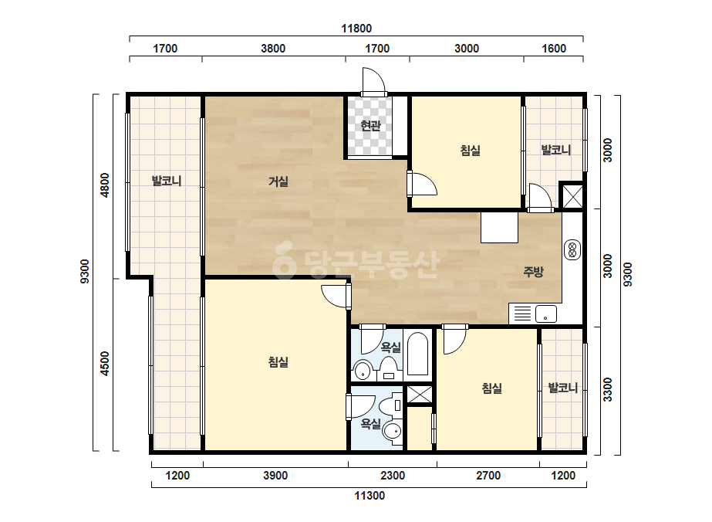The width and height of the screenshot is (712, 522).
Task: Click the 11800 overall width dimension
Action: click(356, 29)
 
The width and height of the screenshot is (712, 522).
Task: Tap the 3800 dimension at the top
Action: click(273, 48)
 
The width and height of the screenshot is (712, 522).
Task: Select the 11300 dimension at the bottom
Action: click(369, 495)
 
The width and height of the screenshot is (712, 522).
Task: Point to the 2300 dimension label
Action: click(393, 475)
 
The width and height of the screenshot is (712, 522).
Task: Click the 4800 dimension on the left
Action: click(105, 185)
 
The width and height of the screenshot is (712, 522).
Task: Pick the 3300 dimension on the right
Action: click(608, 390)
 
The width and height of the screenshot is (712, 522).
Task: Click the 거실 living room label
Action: click(278, 181)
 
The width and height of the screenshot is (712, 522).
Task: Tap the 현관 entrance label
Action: click(370, 125)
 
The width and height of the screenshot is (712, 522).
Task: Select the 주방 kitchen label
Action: click(533, 272)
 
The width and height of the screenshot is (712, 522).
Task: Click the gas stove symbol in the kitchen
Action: click(572, 249)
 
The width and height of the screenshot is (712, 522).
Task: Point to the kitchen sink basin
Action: click(546, 314)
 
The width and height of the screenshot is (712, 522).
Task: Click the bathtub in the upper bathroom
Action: click(417, 354)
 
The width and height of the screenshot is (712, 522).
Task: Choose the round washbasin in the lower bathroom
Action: click(393, 430)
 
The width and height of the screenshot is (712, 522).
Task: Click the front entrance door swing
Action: click(373, 83)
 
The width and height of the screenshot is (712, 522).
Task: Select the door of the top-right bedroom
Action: click(422, 183)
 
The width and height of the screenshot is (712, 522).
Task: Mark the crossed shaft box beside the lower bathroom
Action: click(419, 395)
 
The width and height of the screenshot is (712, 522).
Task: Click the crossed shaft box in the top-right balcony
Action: click(572, 196)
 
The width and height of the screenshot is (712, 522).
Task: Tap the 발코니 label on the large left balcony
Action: click(166, 181)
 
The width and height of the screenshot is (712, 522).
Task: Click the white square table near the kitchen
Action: click(500, 227)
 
